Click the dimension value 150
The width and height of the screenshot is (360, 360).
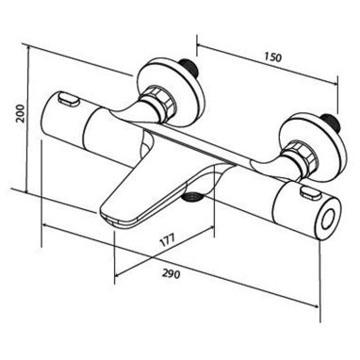[x=273, y=57]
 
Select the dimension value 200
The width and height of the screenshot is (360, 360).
[x=20, y=114]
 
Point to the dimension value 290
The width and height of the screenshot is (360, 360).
[x=172, y=274]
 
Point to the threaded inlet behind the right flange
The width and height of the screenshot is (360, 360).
[x=332, y=123]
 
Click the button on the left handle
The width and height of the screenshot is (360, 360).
[x=68, y=99]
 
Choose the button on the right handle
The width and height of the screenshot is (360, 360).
[x=310, y=194]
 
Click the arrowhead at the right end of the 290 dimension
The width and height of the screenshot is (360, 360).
[x=316, y=305]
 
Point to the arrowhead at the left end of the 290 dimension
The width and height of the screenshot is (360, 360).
[x=45, y=225]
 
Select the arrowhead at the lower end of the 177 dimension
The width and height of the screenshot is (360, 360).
[x=118, y=274]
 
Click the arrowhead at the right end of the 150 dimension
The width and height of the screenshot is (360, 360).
[x=335, y=83]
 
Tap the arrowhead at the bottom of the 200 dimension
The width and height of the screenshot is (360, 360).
[x=27, y=190]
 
